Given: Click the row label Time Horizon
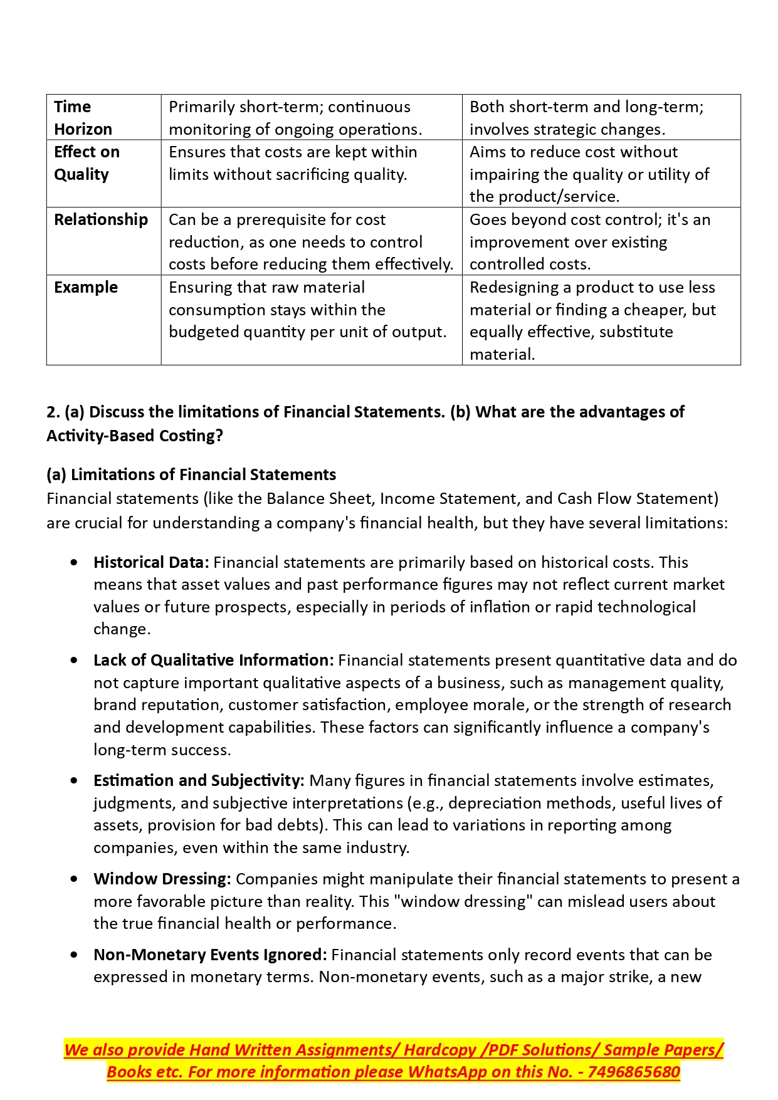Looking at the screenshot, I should (x=83, y=118).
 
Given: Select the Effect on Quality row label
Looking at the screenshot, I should (x=87, y=163).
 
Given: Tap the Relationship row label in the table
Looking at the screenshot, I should (x=101, y=219).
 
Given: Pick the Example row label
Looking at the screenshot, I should (x=86, y=287).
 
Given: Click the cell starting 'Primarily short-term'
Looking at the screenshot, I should (x=295, y=118).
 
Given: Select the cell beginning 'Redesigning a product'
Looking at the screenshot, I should (x=592, y=320).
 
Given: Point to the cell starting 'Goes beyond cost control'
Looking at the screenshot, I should (x=590, y=241).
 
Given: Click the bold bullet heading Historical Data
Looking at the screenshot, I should (x=151, y=562).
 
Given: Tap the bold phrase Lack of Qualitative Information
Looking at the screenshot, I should (x=213, y=660).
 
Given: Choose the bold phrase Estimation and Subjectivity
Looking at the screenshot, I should (x=199, y=780).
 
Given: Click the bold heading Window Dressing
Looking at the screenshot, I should (x=162, y=879).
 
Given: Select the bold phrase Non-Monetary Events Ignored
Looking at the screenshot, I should (x=210, y=955).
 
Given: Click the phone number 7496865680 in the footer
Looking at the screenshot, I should (x=634, y=1072).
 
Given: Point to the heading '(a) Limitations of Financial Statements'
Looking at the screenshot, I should (x=191, y=474).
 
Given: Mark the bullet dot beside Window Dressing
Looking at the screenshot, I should (x=75, y=879).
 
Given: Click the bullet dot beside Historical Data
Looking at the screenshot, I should (x=75, y=562).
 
